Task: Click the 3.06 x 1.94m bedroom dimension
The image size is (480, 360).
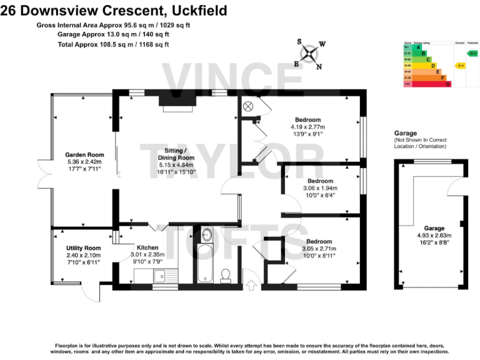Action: (x=320, y=188)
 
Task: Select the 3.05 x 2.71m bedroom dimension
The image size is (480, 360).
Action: (x=319, y=248)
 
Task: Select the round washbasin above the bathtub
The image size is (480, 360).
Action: (x=207, y=235)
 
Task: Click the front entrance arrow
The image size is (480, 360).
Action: (x=251, y=286)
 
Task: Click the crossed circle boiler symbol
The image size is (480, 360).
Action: (x=247, y=106)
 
